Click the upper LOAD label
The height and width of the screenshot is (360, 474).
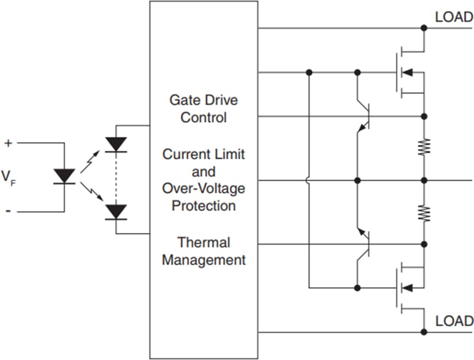(453, 17)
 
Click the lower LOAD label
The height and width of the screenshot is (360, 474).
(453, 322)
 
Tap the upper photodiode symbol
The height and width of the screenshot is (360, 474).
(116, 144)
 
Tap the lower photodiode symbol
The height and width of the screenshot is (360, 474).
(116, 212)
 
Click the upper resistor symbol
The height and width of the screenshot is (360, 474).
(424, 147)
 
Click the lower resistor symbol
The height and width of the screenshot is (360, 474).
(424, 213)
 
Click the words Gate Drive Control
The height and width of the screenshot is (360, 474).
(204, 109)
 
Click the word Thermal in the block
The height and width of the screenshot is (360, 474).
(204, 242)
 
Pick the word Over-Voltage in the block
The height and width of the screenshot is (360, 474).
(204, 188)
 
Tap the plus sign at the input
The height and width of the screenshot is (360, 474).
(8, 143)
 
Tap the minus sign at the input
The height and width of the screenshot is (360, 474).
(8, 211)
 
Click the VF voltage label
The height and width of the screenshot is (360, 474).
(8, 177)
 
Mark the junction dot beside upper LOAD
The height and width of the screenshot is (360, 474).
(424, 28)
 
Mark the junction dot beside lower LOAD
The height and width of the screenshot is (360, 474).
(424, 332)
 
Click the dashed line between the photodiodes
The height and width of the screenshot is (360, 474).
(116, 178)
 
